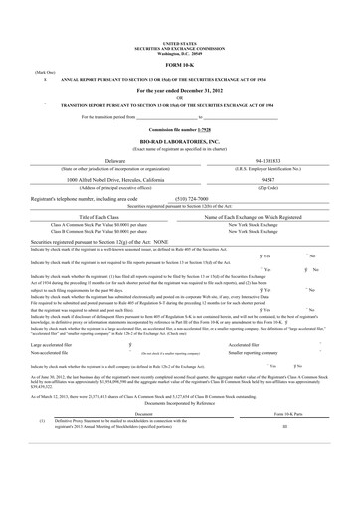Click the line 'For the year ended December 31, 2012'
(179, 89)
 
